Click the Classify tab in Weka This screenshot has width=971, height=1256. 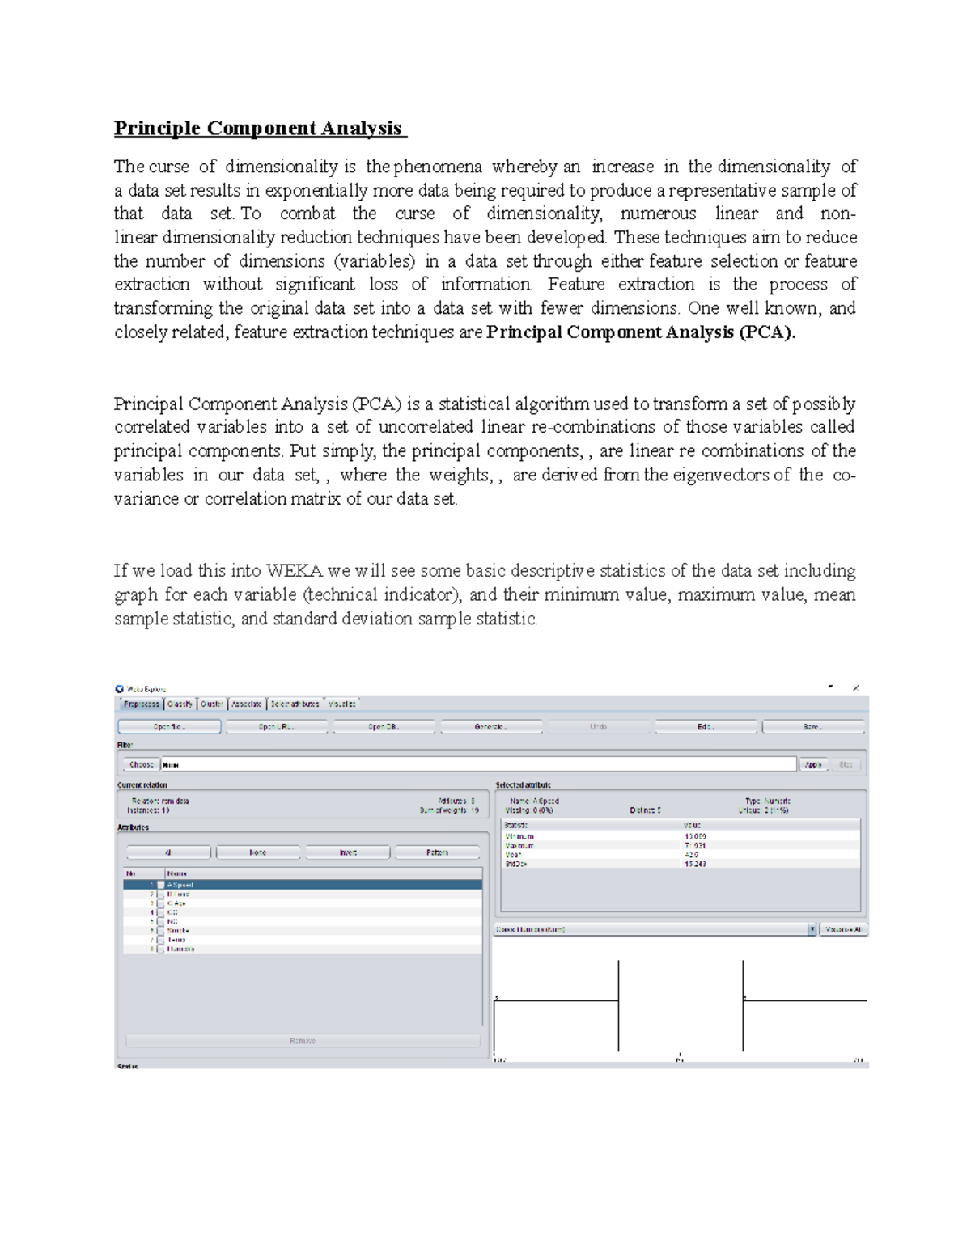(180, 704)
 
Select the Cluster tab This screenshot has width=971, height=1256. (211, 704)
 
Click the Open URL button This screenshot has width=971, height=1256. (276, 727)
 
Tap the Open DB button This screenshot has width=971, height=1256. (384, 727)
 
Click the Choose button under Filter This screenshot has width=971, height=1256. (141, 764)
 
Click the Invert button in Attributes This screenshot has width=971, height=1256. (348, 852)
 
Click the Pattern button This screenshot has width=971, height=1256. (437, 852)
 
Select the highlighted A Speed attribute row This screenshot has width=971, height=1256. (303, 885)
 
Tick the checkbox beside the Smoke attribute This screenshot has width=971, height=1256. (160, 931)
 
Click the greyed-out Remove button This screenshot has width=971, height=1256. (303, 1041)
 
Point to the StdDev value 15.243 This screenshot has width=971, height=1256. (695, 864)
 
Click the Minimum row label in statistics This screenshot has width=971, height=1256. (519, 836)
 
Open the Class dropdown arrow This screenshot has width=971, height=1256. (812, 930)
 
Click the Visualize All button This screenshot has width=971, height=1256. (843, 930)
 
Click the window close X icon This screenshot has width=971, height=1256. (856, 687)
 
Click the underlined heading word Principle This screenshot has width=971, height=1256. (157, 128)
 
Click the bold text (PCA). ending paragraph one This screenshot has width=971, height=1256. (767, 332)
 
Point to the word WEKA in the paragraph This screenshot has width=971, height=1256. (294, 571)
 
